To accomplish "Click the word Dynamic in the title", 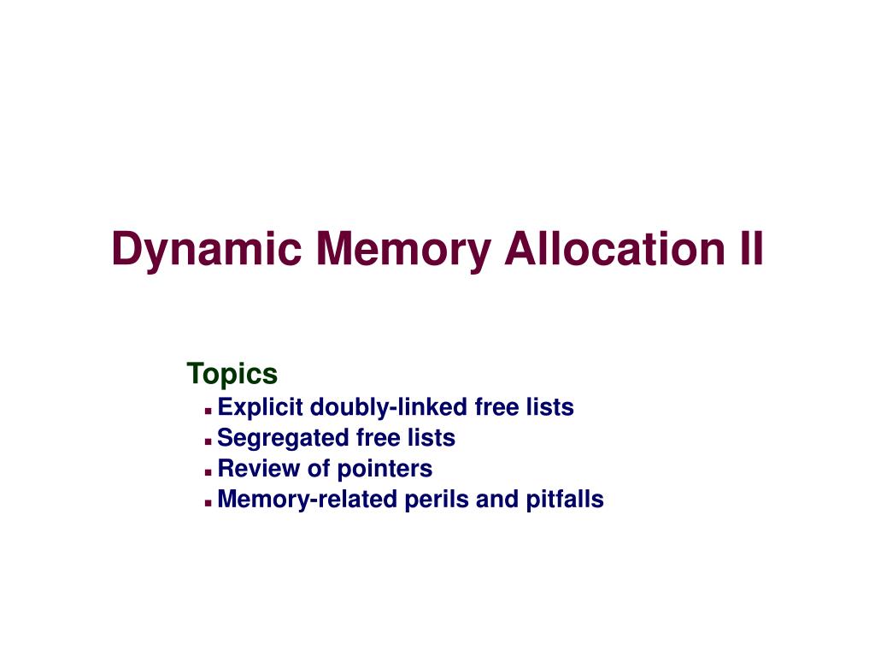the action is pyautogui.click(x=205, y=249).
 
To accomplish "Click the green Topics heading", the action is pyautogui.click(x=232, y=375).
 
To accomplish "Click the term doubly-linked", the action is pyautogui.click(x=388, y=407).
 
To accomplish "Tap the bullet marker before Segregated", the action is pyautogui.click(x=208, y=441).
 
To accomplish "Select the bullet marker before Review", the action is pyautogui.click(x=208, y=472).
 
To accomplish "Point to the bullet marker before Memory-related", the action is pyautogui.click(x=208, y=502).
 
